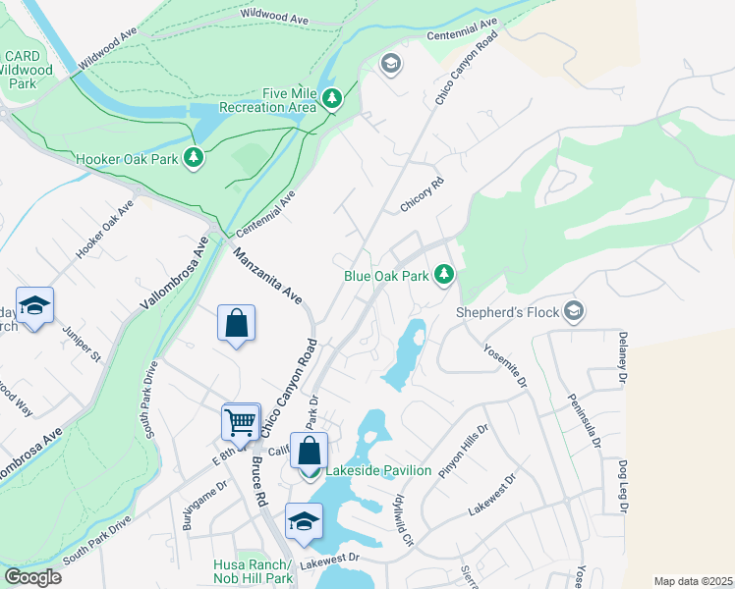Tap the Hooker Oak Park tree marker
pos(194,158)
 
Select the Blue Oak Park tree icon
pos(445,276)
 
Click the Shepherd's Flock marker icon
pos(575,313)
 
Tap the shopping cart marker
pos(241,423)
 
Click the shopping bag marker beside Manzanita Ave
pos(237,323)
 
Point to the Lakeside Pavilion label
pos(378,471)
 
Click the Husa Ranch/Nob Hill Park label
pos(254,572)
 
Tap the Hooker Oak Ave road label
pos(104,231)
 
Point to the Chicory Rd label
pos(424,195)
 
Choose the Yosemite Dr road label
pos(505,364)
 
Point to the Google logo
pos(32,577)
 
